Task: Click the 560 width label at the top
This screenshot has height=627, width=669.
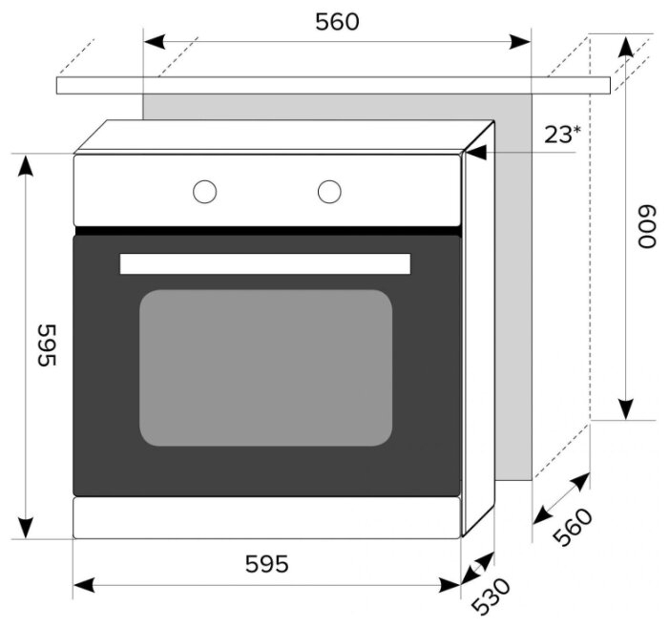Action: (x=337, y=22)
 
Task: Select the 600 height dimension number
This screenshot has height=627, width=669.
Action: (x=646, y=226)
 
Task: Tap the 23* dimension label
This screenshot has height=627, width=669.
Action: (x=562, y=135)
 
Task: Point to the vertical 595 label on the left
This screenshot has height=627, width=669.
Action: (x=47, y=345)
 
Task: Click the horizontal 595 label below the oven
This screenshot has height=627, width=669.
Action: (x=266, y=563)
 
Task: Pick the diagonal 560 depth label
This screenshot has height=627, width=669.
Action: (x=573, y=528)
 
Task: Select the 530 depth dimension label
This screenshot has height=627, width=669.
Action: (x=491, y=596)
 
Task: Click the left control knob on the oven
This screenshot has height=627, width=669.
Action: (x=205, y=192)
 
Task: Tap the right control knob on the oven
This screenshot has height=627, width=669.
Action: (x=329, y=192)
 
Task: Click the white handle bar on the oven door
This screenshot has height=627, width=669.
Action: (x=265, y=263)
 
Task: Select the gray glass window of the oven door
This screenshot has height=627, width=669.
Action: (x=266, y=367)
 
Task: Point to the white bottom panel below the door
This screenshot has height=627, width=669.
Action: (x=266, y=518)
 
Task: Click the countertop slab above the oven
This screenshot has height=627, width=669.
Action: (x=333, y=85)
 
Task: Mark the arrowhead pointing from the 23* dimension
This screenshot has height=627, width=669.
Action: (x=475, y=153)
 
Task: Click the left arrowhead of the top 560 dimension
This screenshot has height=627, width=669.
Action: (x=155, y=42)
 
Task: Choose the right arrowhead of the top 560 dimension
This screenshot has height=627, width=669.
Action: (x=520, y=42)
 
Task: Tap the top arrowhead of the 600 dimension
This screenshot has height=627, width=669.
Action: (x=626, y=47)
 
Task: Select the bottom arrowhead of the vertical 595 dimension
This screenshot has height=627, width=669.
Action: (x=26, y=528)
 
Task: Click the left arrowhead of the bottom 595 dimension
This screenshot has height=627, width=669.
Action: (x=84, y=585)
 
